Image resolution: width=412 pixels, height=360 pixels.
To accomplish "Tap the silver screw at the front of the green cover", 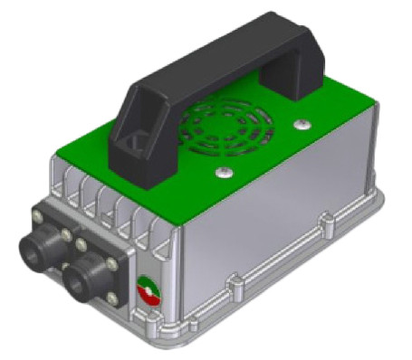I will pyautogui.click(x=221, y=168).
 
